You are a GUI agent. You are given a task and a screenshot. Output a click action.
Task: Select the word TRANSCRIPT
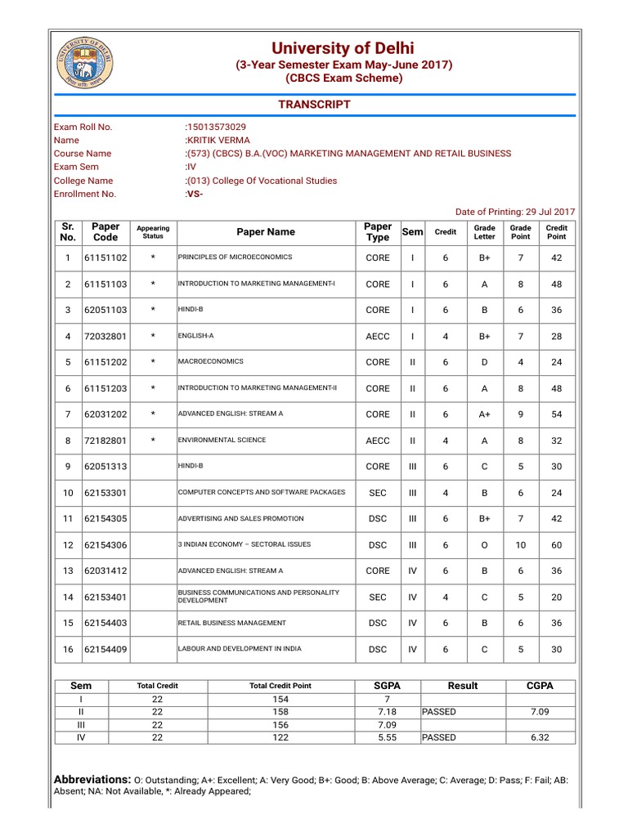pos(314,104)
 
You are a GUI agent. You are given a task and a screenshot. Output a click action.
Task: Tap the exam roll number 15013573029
pos(217,127)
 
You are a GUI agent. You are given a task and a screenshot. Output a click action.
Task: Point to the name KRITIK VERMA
pos(219,140)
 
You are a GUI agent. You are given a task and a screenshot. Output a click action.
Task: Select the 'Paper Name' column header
pos(266,232)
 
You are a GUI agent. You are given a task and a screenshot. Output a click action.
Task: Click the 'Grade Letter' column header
pos(484,232)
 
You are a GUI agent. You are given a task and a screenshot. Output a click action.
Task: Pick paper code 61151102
pos(105,258)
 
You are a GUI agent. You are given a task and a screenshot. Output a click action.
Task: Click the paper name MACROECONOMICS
pos(210,361)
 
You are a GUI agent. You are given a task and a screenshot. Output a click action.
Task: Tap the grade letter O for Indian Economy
pos(484,545)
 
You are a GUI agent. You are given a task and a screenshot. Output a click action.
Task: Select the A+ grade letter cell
pos(484,414)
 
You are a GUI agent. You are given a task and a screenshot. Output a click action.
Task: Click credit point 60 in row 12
pos(556,545)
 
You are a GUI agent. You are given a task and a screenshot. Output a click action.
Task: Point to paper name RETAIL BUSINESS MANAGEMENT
pos(231,623)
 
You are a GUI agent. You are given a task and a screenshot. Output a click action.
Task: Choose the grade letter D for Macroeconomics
pos(484,362)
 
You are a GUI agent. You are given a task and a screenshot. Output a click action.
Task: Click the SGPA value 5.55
pos(387,737)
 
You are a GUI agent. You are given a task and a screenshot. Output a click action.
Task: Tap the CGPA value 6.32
pos(539,737)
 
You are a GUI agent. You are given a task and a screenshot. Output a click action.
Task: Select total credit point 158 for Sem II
pos(280,712)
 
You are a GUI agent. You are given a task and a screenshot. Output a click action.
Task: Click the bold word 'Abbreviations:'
pos(92,779)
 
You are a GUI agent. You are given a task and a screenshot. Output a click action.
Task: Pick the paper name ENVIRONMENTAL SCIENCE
pos(222,440)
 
